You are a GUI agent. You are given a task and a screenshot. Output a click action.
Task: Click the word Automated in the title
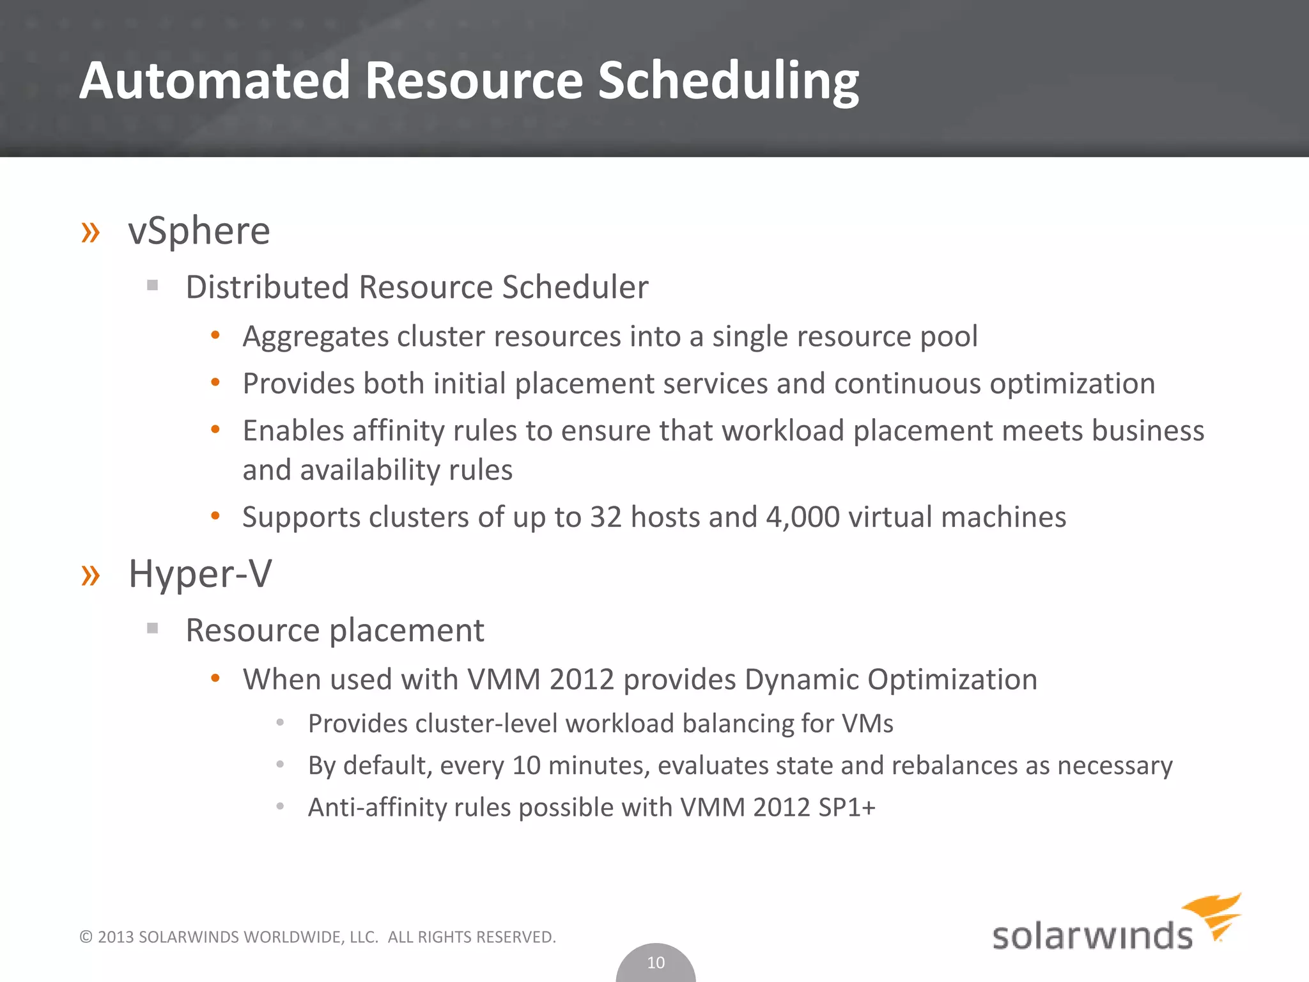(215, 81)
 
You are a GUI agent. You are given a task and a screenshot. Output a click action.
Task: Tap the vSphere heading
(199, 231)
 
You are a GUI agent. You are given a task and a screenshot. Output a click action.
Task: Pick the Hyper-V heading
(200, 573)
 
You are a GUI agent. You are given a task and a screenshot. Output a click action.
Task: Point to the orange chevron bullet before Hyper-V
(91, 575)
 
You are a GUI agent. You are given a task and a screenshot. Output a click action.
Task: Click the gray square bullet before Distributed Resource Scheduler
(152, 285)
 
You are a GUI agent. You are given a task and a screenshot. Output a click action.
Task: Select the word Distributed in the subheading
(267, 286)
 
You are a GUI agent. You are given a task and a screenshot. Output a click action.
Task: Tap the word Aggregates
(315, 337)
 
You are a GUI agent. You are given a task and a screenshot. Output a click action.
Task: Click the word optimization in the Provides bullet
(1072, 384)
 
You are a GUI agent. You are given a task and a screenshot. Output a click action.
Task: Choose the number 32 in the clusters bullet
(605, 517)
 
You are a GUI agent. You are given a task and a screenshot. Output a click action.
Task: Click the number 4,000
(802, 517)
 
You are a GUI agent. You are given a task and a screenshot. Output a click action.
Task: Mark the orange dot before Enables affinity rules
(215, 430)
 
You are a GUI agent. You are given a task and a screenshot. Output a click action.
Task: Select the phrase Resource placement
(334, 630)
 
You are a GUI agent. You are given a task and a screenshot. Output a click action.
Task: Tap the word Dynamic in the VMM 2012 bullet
(802, 679)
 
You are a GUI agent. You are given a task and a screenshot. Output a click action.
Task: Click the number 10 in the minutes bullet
(526, 765)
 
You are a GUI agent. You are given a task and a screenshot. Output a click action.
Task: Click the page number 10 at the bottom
(656, 962)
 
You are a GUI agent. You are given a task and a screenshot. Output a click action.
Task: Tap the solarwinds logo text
(1092, 936)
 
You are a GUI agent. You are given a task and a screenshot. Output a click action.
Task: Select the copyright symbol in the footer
(86, 937)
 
